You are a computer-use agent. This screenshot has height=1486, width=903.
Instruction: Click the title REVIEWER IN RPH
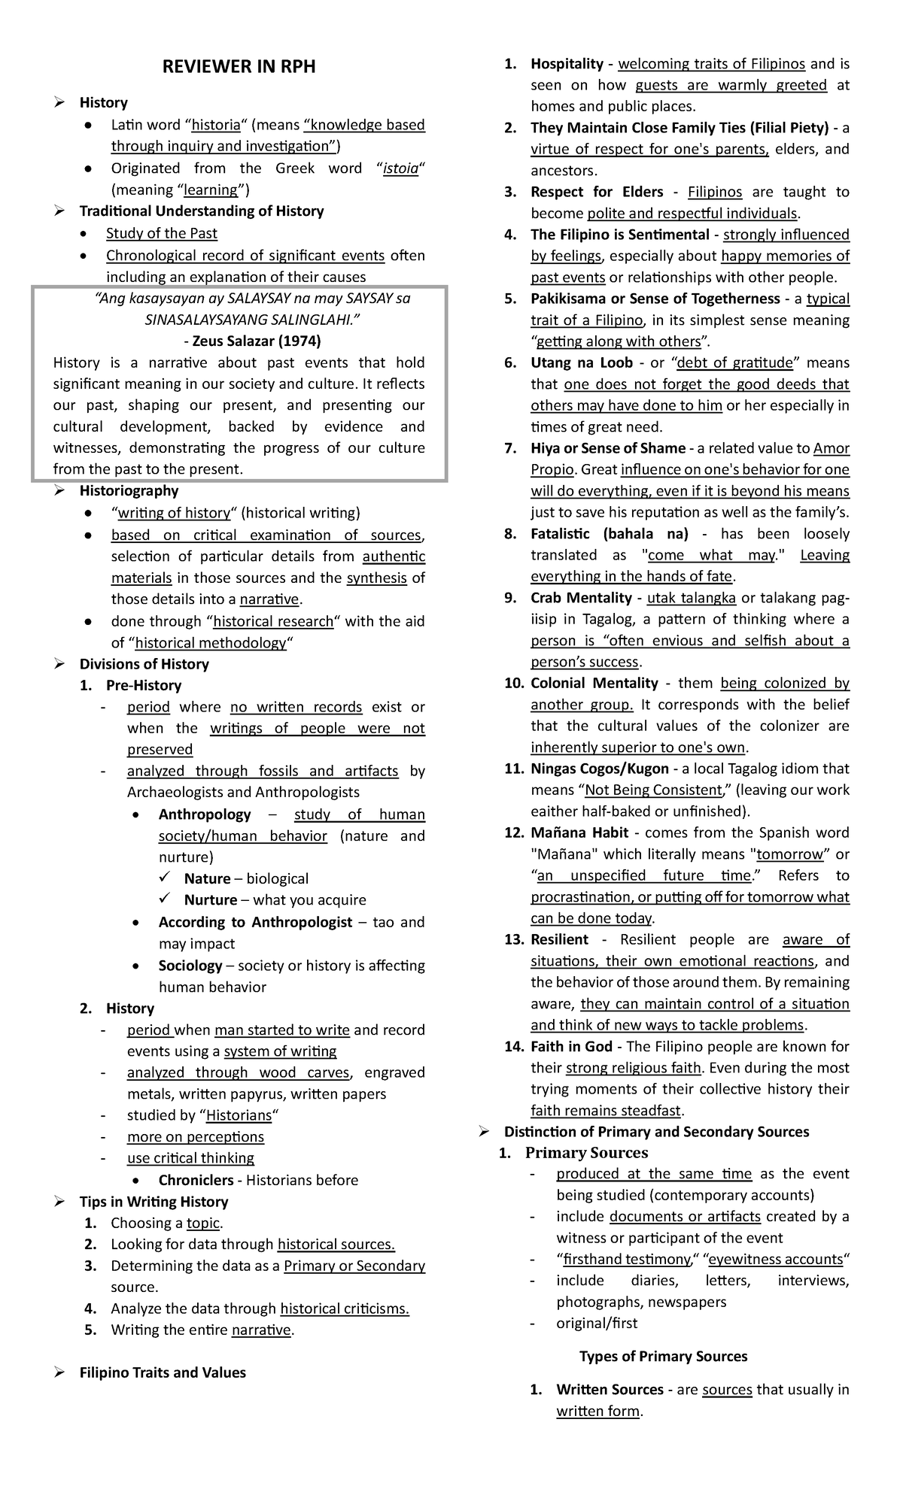(239, 68)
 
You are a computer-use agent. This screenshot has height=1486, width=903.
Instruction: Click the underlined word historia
(217, 125)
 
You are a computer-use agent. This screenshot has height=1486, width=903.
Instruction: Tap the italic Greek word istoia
(400, 168)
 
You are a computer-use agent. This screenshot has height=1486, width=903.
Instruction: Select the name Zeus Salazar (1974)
(257, 341)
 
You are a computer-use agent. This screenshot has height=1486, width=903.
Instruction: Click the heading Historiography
(129, 491)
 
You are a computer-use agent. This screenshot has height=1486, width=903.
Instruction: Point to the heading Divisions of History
(144, 664)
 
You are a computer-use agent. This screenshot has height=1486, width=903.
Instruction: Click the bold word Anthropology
(205, 814)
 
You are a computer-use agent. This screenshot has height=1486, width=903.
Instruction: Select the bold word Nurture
(210, 900)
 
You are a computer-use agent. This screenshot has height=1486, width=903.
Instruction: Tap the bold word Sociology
(190, 966)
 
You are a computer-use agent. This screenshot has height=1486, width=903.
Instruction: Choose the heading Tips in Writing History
(154, 1202)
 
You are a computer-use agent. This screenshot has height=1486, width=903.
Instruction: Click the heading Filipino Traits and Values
(163, 1372)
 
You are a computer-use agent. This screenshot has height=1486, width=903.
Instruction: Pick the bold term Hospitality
(567, 64)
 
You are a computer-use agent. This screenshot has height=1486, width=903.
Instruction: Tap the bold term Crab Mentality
(581, 598)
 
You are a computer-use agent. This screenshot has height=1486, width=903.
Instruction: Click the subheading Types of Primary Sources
(663, 1357)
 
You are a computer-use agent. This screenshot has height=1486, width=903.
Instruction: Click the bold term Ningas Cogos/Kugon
(599, 769)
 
